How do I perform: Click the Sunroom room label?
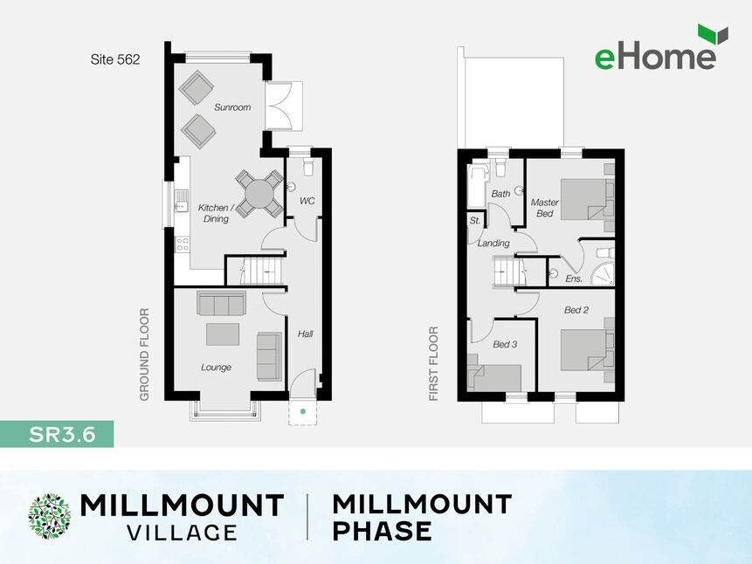click(x=232, y=107)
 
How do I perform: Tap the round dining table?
click(x=259, y=194)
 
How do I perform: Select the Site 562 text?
click(x=115, y=59)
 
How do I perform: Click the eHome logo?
click(x=661, y=47)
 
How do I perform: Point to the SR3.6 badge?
click(x=57, y=434)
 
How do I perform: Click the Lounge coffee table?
click(x=223, y=334)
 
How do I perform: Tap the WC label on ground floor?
click(x=307, y=201)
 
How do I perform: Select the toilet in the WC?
click(x=308, y=166)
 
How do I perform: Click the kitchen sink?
click(x=182, y=202)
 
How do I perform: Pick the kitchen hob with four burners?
click(x=182, y=244)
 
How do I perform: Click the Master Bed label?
click(x=545, y=208)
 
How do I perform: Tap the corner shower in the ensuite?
click(x=602, y=273)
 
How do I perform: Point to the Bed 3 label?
click(x=505, y=344)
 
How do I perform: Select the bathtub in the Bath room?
click(x=478, y=187)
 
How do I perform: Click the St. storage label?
click(x=475, y=221)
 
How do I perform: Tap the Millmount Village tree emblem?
click(x=50, y=517)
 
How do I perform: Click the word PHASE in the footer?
click(x=383, y=532)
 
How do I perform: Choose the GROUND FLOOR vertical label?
click(x=144, y=354)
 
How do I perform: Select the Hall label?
click(x=306, y=334)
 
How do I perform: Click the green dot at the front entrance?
click(x=302, y=411)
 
